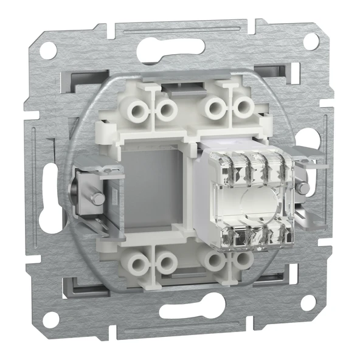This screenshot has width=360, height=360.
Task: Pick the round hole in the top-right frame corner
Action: tap(311, 41)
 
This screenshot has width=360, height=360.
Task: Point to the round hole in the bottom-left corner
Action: tap(50, 317)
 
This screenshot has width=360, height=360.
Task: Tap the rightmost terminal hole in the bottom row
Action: tap(242, 261)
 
